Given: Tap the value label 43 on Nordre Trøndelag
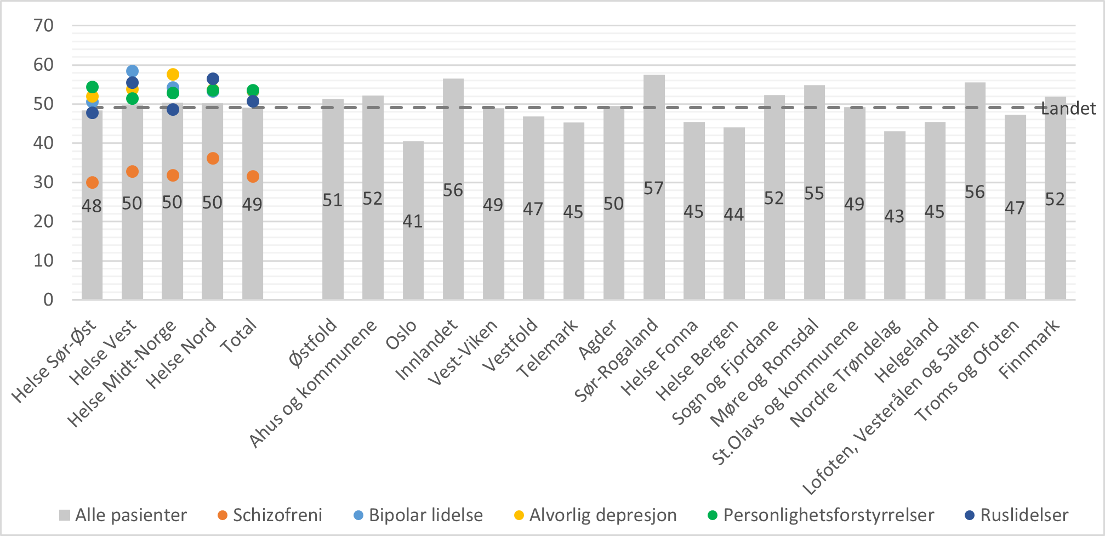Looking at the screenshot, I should pos(894,217).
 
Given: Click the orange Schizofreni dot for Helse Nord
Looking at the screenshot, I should pos(213,159).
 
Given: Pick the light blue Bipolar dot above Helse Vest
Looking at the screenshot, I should pos(132,71).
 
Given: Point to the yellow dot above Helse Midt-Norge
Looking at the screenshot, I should pos(173,75).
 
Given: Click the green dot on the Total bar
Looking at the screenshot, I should pos(253,91).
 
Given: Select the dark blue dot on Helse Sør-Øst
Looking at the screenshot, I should pos(92,113).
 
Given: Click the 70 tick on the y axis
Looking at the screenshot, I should pos(44,25).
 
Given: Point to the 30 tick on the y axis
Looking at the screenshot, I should pos(44,182).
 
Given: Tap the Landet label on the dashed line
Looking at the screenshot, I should pos(1069,109).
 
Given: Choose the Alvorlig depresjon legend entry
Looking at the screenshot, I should pos(602,515).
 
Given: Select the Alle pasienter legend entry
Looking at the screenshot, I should pos(130,515).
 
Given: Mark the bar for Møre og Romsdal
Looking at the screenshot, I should pos(814,247).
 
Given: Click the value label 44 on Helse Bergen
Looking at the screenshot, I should pos(734,215).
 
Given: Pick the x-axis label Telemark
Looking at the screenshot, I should pos(548,349).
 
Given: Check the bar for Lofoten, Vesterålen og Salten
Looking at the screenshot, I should pos(975,247).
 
